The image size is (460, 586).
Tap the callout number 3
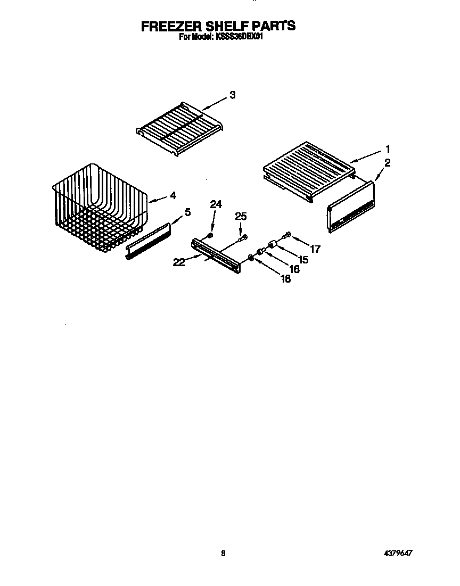(x=232, y=95)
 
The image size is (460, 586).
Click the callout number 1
(x=388, y=148)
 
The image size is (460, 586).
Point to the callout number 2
(x=388, y=163)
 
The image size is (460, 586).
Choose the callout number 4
(x=172, y=195)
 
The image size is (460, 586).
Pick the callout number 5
(x=187, y=212)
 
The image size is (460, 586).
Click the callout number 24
(x=215, y=204)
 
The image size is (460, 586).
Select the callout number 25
(x=241, y=216)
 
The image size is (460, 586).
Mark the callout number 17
(x=316, y=248)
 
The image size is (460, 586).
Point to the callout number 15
(x=303, y=259)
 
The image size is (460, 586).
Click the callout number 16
(x=293, y=269)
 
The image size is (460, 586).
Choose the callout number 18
(x=286, y=279)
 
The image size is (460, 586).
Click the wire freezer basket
(x=98, y=205)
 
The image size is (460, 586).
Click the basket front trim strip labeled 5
(x=148, y=241)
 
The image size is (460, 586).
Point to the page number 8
(x=224, y=554)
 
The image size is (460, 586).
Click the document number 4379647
(x=397, y=554)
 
